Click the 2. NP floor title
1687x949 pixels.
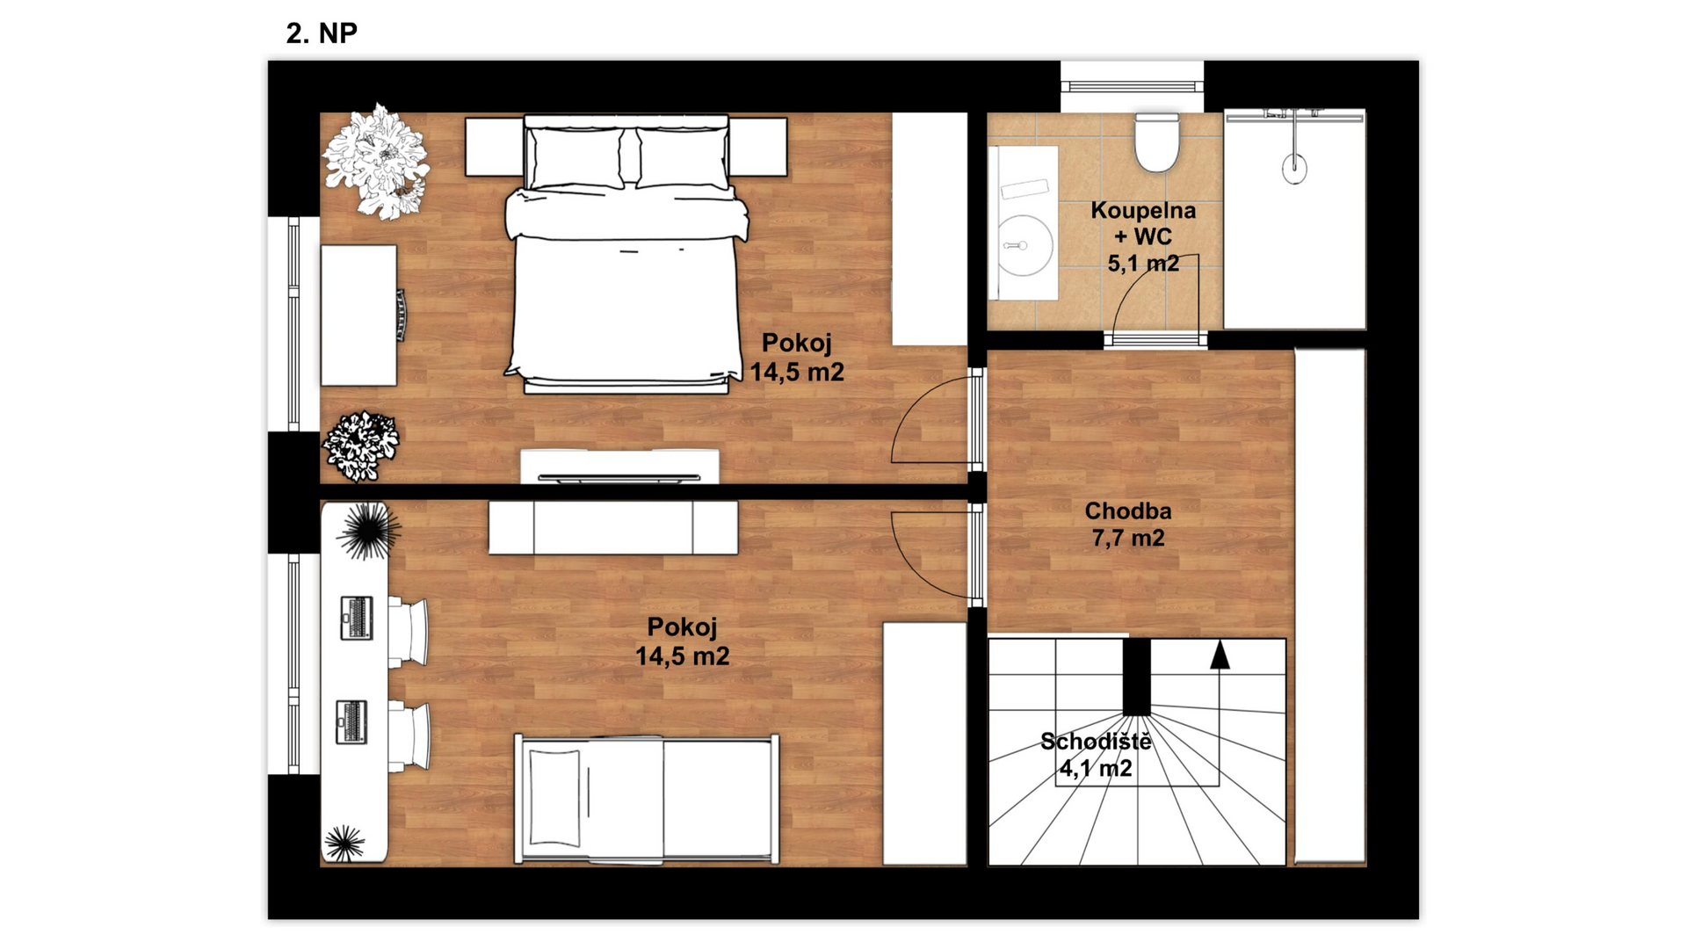click(x=322, y=33)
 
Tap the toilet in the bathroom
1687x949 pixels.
click(x=1156, y=142)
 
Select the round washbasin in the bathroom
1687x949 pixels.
click(x=1025, y=246)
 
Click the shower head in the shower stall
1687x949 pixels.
click(x=1294, y=168)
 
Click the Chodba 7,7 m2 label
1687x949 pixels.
click(x=1128, y=524)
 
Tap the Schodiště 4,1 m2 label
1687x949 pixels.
click(x=1096, y=755)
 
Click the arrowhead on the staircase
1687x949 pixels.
click(x=1220, y=656)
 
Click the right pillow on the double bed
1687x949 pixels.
click(x=683, y=156)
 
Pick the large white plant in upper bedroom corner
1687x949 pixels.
click(x=376, y=162)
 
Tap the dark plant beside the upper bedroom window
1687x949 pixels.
click(x=360, y=446)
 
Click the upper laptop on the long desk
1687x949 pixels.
click(x=357, y=617)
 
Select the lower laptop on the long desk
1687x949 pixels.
click(x=352, y=721)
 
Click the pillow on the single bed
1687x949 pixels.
click(x=554, y=798)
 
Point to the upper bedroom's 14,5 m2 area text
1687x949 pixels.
click(x=797, y=372)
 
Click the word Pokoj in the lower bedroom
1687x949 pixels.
click(x=682, y=627)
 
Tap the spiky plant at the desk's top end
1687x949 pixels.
click(x=367, y=530)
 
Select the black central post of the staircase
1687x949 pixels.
click(x=1137, y=676)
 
